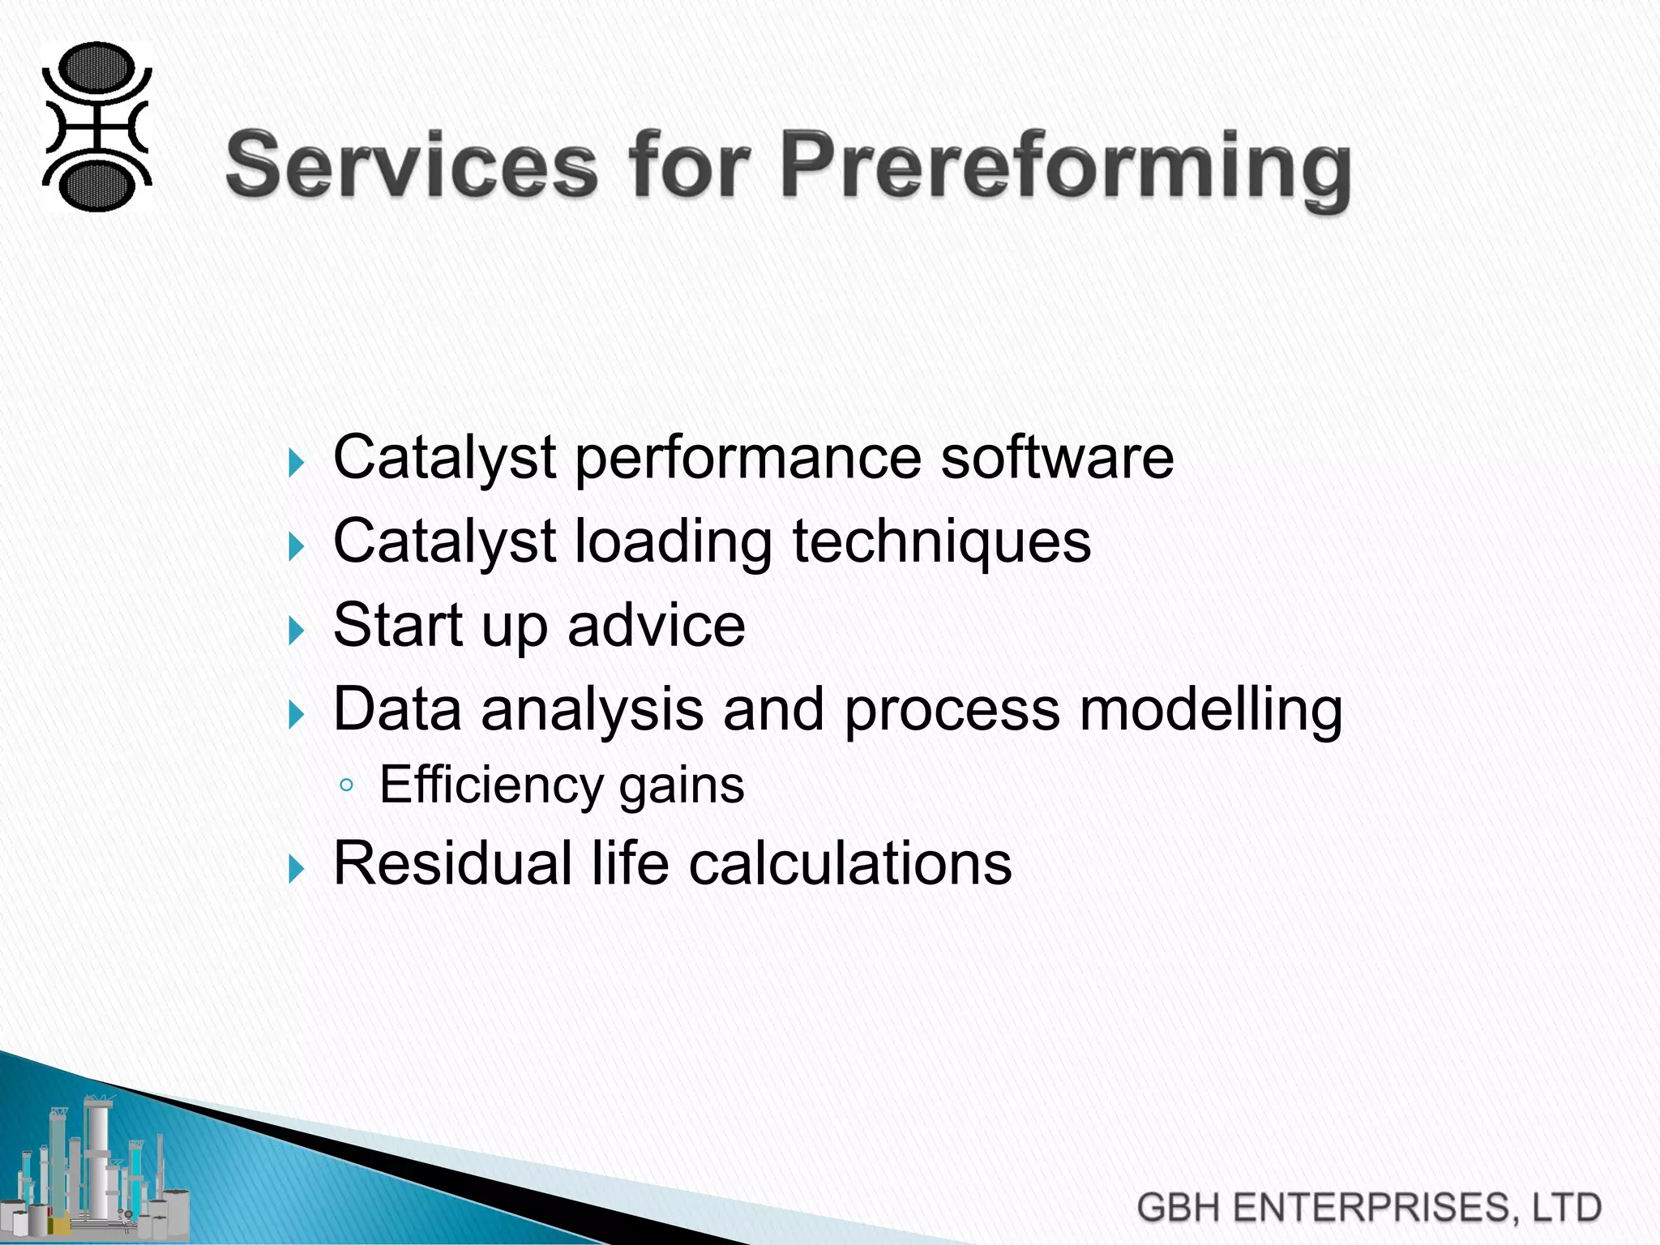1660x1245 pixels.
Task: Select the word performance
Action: click(747, 459)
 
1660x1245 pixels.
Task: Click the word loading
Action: click(673, 542)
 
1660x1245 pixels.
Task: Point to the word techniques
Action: click(941, 542)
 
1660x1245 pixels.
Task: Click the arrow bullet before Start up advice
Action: click(297, 630)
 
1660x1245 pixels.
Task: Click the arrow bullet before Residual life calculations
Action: click(297, 868)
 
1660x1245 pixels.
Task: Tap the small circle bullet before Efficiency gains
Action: click(346, 785)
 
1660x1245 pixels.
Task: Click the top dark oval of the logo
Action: click(96, 68)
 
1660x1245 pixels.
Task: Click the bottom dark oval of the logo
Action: click(96, 186)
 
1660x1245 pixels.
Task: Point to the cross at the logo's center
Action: click(96, 127)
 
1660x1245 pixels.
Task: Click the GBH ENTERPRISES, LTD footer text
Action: click(1368, 1207)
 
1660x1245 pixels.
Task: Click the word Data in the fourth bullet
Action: click(397, 710)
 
